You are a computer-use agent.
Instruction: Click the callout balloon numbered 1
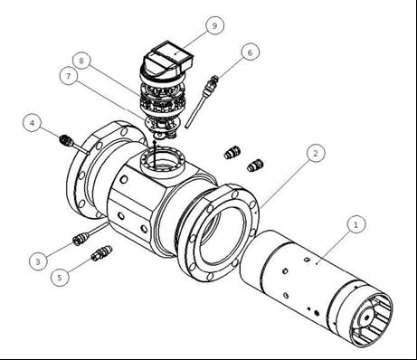point(355,224)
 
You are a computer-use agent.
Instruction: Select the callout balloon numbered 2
point(316,153)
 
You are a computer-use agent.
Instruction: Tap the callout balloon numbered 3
point(38,261)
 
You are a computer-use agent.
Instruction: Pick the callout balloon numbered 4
point(32,123)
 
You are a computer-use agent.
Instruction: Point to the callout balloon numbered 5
point(60,277)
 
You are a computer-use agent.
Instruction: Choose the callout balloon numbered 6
point(250,52)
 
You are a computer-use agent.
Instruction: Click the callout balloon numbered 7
point(69,76)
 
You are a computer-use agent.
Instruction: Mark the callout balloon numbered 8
point(81,61)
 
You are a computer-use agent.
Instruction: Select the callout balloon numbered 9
point(214,25)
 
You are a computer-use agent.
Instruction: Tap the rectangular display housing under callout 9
point(172,56)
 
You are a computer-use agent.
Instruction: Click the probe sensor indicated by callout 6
point(201,101)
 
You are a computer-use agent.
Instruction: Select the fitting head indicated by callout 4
point(66,139)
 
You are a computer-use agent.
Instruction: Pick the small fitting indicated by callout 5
point(101,253)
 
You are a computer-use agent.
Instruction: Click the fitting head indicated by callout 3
point(80,239)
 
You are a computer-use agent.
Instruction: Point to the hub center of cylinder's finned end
point(367,317)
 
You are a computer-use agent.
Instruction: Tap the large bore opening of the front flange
point(223,233)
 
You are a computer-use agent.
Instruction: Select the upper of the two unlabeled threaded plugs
point(232,153)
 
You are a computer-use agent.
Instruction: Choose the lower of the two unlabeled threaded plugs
point(255,166)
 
